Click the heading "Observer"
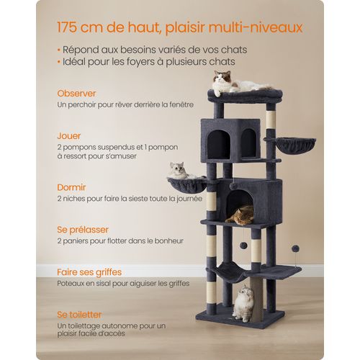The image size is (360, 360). click(x=77, y=94)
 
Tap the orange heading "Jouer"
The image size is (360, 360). click(x=71, y=135)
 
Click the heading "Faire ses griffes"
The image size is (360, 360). click(x=89, y=272)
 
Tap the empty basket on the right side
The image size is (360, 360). click(x=295, y=144)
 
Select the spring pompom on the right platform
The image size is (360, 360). click(x=295, y=248)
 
